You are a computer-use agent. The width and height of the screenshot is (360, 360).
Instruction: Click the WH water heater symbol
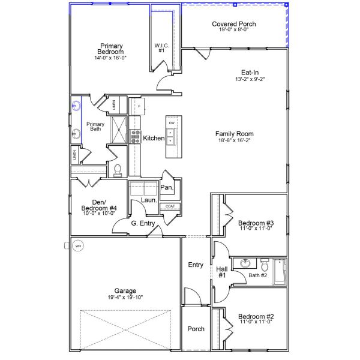(x=77, y=245)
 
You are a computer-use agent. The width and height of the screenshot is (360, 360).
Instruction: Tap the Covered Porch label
(x=234, y=24)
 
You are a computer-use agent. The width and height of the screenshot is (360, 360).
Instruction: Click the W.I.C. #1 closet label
(x=161, y=47)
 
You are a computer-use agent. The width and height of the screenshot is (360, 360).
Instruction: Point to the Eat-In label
(x=250, y=72)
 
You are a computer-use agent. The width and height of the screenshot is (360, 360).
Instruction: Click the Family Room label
(x=234, y=134)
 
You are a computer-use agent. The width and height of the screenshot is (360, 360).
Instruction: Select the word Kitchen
(x=154, y=138)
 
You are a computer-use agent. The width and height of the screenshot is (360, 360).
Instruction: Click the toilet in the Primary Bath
(x=118, y=170)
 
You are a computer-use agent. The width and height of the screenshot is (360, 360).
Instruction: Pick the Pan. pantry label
(x=166, y=187)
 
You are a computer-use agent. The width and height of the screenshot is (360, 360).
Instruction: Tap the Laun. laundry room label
(x=149, y=200)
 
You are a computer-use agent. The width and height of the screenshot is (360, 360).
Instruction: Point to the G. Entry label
(x=143, y=223)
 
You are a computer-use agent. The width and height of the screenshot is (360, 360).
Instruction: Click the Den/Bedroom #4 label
(x=99, y=205)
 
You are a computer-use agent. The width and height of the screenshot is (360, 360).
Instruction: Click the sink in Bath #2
(x=245, y=264)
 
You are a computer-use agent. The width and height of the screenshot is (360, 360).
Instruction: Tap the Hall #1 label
(x=221, y=272)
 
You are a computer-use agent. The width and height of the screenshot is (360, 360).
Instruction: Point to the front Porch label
(x=196, y=329)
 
